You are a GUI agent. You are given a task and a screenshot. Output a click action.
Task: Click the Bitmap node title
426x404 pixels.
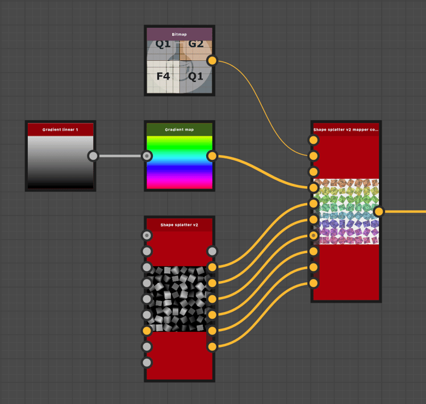179,35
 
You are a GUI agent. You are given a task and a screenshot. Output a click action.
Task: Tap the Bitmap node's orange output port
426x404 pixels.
212,60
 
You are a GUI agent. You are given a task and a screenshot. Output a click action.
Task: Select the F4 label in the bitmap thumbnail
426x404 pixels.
163,75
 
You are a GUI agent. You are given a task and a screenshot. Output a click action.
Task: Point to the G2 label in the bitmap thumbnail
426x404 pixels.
196,44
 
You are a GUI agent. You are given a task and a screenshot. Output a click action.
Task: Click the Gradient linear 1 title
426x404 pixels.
60,130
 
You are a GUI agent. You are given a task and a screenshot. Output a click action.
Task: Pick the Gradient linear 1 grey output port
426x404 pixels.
93,156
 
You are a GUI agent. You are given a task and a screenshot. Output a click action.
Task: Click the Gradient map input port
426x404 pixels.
147,156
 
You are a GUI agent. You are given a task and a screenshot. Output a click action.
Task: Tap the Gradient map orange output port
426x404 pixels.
212,156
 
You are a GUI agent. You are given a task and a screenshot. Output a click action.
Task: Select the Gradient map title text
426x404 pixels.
179,130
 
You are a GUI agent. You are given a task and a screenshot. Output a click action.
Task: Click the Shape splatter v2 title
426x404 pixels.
179,225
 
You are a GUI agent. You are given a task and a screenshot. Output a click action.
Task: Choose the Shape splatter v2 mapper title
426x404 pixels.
345,130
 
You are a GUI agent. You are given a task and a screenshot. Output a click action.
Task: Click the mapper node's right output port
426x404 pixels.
378,212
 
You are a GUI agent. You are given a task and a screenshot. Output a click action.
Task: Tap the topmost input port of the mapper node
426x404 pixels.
313,139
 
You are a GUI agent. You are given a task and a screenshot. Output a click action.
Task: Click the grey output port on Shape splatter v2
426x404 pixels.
212,251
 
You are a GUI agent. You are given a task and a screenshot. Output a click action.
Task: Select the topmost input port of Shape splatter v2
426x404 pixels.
147,235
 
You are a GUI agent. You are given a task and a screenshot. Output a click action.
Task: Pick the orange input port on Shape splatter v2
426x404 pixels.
147,330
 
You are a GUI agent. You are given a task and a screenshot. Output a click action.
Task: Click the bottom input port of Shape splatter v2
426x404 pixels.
147,362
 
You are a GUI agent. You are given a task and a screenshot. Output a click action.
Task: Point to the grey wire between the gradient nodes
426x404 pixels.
120,156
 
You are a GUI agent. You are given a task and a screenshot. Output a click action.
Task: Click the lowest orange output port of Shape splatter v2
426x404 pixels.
212,346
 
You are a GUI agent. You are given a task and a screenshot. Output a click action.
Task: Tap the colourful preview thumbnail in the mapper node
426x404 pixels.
345,212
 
